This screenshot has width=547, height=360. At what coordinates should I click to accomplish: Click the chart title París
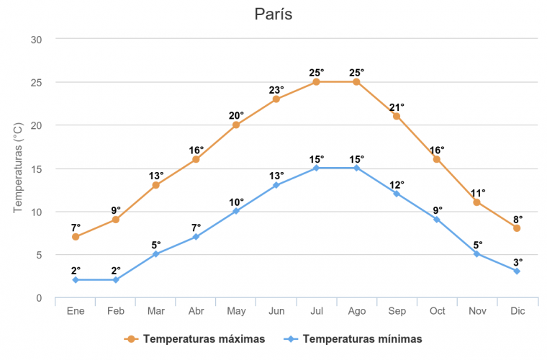pyautogui.click(x=273, y=14)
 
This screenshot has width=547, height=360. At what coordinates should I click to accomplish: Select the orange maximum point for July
pyautogui.click(x=316, y=82)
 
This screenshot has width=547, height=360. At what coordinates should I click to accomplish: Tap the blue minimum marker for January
pyautogui.click(x=75, y=279)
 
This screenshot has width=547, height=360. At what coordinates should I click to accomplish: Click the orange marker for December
pyautogui.click(x=517, y=228)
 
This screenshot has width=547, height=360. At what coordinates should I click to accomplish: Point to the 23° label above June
pyautogui.click(x=277, y=90)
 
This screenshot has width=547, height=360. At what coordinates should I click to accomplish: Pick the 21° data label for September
pyautogui.click(x=397, y=107)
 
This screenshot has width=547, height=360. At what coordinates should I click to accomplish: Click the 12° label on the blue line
pyautogui.click(x=397, y=185)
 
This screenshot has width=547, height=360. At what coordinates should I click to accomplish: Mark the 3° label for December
pyautogui.click(x=517, y=263)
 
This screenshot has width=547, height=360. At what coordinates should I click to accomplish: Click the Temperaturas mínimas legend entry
pyautogui.click(x=353, y=338)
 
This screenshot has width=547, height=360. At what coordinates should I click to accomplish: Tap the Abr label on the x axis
pyautogui.click(x=196, y=311)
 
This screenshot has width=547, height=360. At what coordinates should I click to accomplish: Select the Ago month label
pyautogui.click(x=356, y=311)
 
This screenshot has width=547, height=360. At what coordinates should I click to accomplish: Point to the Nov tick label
pyautogui.click(x=476, y=311)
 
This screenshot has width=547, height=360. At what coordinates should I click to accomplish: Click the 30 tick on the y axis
pyautogui.click(x=37, y=39)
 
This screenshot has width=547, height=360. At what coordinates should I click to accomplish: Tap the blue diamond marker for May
pyautogui.click(x=236, y=211)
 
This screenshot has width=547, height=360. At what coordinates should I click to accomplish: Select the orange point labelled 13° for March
pyautogui.click(x=155, y=185)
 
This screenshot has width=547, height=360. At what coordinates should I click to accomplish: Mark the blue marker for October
pyautogui.click(x=437, y=220)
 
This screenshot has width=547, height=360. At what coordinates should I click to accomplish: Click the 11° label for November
pyautogui.click(x=478, y=193)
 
